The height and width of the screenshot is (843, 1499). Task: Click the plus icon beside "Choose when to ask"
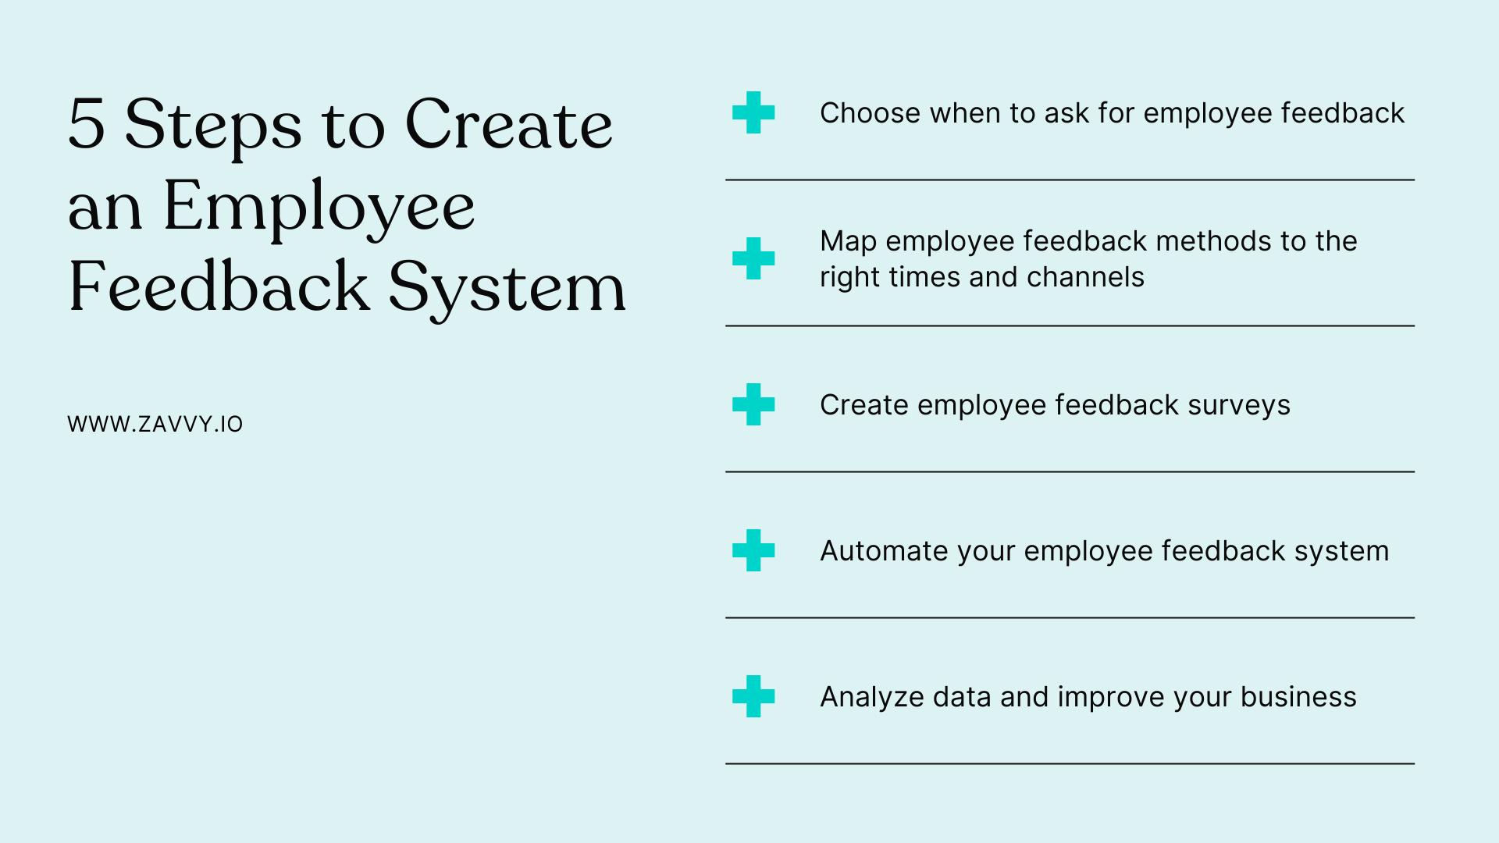pos(753,112)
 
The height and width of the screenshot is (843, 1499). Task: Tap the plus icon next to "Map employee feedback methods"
pos(753,258)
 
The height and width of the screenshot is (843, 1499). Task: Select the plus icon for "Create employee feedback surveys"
pos(753,404)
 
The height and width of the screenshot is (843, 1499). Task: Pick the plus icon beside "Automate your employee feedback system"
pos(753,550)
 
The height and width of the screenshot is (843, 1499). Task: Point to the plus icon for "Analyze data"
pos(753,696)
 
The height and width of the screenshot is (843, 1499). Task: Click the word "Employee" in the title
pos(319,206)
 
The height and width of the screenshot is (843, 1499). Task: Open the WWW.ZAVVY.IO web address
pos(155,424)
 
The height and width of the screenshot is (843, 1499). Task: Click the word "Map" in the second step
pos(848,242)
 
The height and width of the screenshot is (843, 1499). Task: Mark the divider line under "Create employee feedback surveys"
pos(1070,471)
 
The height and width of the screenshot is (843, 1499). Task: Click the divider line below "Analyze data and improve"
pos(1070,763)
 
